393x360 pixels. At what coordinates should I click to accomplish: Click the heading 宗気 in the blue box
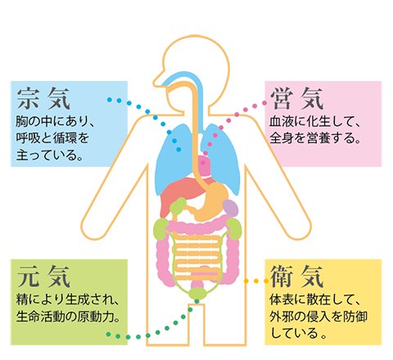pos(43,98)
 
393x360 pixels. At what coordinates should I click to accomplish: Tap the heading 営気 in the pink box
pos(297,98)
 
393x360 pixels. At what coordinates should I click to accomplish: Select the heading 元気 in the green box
pos(43,277)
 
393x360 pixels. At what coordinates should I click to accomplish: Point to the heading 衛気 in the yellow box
pos(297,277)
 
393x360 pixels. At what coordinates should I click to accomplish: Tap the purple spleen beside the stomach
pos(230,208)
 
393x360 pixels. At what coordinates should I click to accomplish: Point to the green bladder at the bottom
pos(198,293)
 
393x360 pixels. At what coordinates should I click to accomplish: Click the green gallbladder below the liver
pos(178,206)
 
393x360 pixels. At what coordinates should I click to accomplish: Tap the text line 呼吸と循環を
pos(52,138)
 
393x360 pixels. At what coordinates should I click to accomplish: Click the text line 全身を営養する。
pos(314,138)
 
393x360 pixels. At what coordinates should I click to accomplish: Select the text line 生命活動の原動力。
pos(68,317)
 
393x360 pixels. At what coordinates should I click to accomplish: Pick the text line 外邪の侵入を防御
pos(318,317)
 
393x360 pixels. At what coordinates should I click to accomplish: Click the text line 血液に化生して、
pos(314,121)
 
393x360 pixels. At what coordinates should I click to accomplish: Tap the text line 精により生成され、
pos(67,299)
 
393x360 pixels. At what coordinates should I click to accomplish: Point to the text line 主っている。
pos(49,155)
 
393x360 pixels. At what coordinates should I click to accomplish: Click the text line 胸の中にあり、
pos(55,121)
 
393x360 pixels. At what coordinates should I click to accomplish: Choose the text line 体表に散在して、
pos(314,299)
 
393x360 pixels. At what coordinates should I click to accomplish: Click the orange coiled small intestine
pos(197,256)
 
